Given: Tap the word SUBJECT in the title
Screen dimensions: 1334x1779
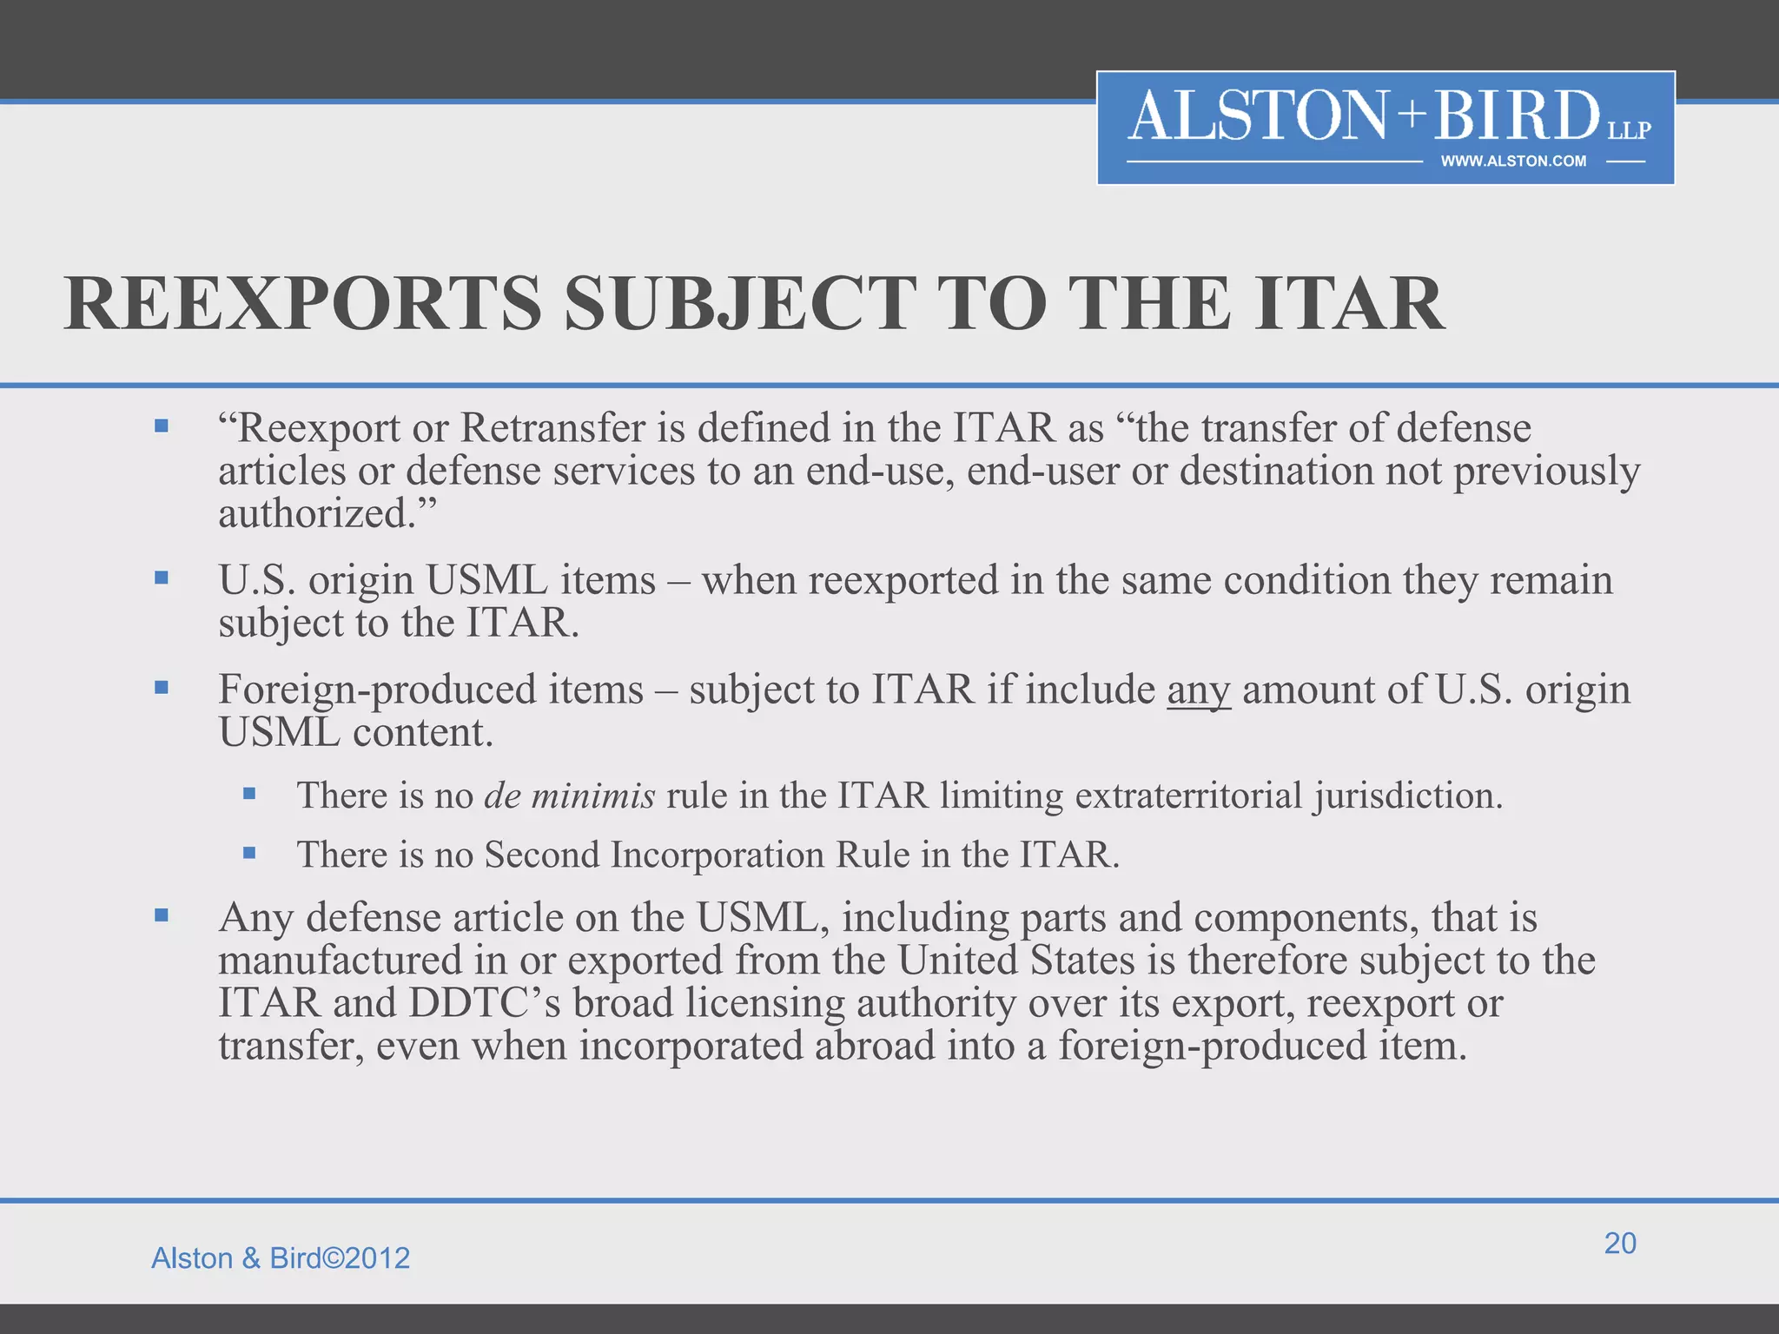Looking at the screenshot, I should (x=740, y=304).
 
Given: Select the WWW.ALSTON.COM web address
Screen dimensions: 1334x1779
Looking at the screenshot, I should (x=1513, y=162).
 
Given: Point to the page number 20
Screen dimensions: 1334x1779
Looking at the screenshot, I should (x=1620, y=1243).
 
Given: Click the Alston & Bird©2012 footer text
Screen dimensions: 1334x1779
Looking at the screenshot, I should (x=281, y=1258).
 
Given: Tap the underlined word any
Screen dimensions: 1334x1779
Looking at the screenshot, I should (x=1199, y=690).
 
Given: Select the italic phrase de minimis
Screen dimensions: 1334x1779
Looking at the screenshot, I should (x=570, y=796).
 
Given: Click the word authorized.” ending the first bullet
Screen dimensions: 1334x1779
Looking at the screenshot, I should (x=327, y=513).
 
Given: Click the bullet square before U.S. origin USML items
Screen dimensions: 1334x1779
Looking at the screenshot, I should (x=162, y=578).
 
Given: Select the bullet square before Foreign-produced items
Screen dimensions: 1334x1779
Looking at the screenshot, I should (x=162, y=687).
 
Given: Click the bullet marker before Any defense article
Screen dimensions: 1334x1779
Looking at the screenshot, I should (x=162, y=915).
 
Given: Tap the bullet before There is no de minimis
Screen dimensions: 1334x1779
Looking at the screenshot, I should (x=249, y=793).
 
